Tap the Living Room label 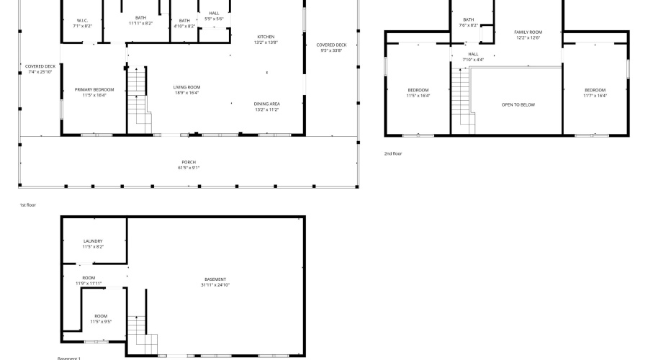186,89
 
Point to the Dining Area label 266,107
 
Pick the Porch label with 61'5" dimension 189,165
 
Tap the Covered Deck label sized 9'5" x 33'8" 331,48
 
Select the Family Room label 528,35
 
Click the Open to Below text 518,104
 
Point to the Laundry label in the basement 93,243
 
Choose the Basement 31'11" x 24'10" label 215,282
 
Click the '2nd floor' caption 393,153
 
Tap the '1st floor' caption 27,205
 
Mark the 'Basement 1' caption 69,358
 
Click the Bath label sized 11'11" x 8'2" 140,20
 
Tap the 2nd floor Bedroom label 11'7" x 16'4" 595,92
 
